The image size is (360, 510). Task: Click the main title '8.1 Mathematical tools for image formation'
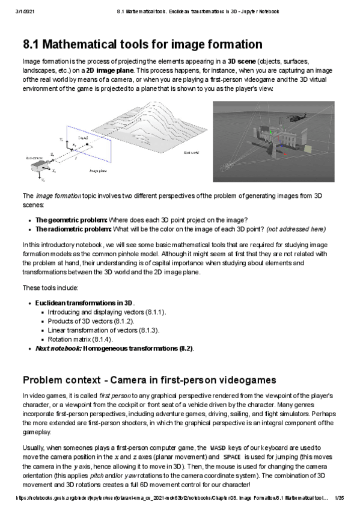click(142, 45)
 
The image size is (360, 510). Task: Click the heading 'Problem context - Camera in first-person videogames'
click(149, 379)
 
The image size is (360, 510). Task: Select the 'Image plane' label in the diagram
click(99, 171)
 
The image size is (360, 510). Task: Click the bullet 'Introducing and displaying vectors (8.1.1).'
click(107, 312)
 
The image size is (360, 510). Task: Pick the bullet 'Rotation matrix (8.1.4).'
click(80, 339)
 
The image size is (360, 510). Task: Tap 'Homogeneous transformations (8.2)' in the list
click(138, 348)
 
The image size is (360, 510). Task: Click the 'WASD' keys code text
click(216, 448)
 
